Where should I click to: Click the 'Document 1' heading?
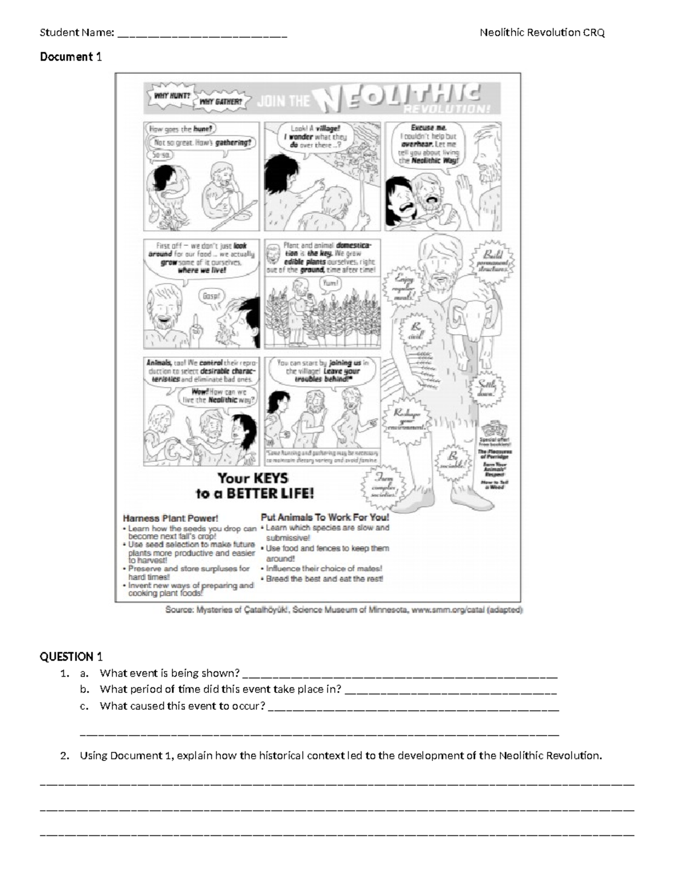pos(71,57)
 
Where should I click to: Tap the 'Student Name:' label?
pos(77,32)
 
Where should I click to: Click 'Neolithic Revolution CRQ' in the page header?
pos(542,32)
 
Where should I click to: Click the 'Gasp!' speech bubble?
pos(211,296)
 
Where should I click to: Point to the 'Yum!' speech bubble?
pos(330,283)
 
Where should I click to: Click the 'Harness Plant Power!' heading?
pos(171,518)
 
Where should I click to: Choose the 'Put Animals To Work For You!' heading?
pos(325,517)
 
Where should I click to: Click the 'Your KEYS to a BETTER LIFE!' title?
pos(254,486)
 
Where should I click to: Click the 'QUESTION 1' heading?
pos(71,657)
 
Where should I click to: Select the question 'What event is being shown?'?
pos(169,673)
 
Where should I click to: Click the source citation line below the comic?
pos(344,610)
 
